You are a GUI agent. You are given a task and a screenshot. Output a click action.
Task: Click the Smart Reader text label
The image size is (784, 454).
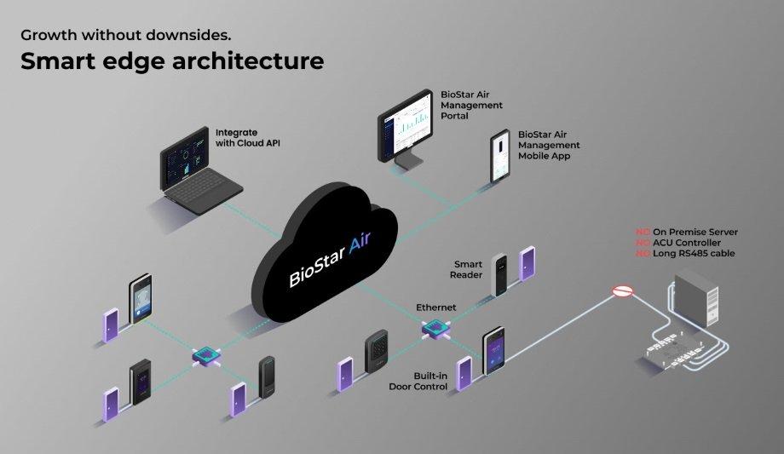coord(468,269)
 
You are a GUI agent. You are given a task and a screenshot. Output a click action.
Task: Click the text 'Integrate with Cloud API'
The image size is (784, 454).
coord(247,137)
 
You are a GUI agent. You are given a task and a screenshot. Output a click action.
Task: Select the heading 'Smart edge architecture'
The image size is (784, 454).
coord(171,61)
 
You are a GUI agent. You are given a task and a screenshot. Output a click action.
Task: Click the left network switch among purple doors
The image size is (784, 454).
coord(204,354)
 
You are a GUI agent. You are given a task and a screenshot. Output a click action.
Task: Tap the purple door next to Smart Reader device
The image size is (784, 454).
coord(528,265)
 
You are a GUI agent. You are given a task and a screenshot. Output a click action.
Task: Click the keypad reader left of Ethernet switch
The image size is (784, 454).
coord(378,350)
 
